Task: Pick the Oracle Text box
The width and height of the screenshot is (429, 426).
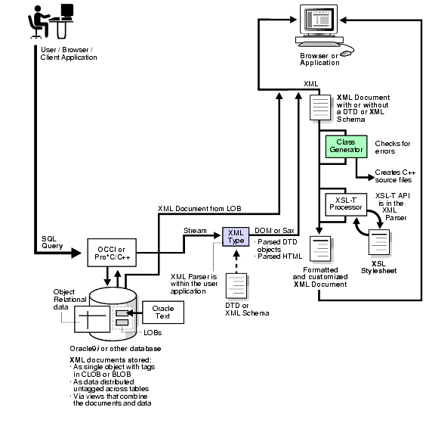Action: click(162, 313)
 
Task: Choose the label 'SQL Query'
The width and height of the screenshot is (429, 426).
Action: click(54, 241)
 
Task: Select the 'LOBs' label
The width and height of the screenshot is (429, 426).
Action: click(152, 332)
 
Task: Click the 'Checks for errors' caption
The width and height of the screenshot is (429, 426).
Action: click(392, 147)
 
